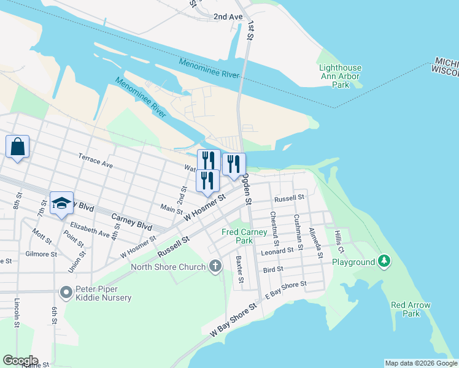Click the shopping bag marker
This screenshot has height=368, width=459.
pyautogui.click(x=17, y=147)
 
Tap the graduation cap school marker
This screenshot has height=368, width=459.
pyautogui.click(x=61, y=203)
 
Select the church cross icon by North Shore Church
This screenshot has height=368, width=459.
pyautogui.click(x=215, y=266)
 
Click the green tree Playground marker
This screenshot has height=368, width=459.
pyautogui.click(x=384, y=261)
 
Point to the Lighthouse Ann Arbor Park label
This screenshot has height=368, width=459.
pyautogui.click(x=341, y=77)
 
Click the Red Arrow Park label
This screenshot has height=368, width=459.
pyautogui.click(x=411, y=309)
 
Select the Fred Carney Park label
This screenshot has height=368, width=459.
pyautogui.click(x=244, y=237)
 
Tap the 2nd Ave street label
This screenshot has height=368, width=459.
pyautogui.click(x=228, y=17)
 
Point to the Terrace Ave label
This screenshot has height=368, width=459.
pyautogui.click(x=95, y=161)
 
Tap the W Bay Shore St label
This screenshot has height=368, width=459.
pyautogui.click(x=233, y=321)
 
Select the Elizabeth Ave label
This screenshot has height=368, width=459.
pyautogui.click(x=90, y=230)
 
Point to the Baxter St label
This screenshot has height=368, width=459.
pyautogui.click(x=239, y=270)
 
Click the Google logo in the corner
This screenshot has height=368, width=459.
pyautogui.click(x=20, y=361)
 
